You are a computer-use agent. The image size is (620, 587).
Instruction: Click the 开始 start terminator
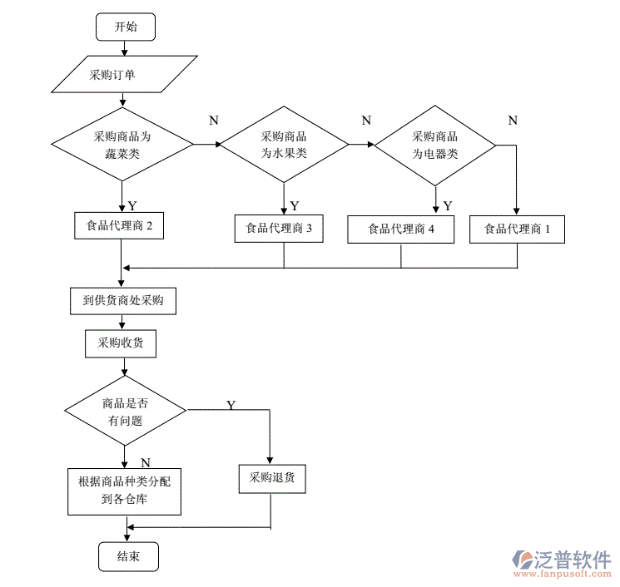click(126, 27)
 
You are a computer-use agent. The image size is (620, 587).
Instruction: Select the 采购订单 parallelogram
click(125, 75)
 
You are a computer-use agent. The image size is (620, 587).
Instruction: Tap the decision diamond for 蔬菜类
click(122, 144)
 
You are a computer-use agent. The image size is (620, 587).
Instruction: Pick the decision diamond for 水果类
click(285, 145)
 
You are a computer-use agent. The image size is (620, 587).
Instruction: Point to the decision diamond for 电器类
click(435, 145)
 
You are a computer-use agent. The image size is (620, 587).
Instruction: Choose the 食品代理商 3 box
click(285, 229)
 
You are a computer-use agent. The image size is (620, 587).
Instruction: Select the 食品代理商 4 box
click(401, 229)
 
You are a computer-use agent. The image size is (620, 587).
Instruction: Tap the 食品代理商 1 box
click(517, 229)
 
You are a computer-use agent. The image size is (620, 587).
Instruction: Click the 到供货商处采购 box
click(123, 301)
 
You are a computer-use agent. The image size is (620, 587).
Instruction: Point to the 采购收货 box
click(120, 343)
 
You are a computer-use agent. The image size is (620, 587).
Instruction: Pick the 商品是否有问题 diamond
click(126, 410)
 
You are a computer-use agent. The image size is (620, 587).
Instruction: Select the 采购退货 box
click(271, 477)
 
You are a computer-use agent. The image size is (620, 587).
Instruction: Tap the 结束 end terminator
click(127, 556)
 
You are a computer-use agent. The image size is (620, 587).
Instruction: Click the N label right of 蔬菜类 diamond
click(213, 121)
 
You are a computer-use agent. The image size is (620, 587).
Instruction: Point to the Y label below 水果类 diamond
click(295, 205)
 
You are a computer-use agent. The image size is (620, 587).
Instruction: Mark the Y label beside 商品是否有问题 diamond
click(231, 404)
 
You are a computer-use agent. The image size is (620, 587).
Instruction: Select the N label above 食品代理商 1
click(512, 121)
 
